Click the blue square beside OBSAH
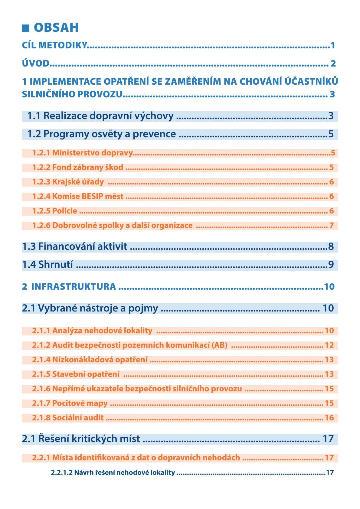click(25, 28)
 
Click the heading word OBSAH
click(56, 28)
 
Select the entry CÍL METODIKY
click(54, 45)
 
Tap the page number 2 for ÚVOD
click(333, 64)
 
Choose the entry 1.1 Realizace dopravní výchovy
click(100, 116)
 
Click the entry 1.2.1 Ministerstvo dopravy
click(83, 153)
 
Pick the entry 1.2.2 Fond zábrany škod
click(78, 167)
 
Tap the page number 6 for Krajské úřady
click(332, 182)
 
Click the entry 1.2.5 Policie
click(55, 211)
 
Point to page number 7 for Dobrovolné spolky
click(332, 225)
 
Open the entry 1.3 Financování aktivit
click(74, 247)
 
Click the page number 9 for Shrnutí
click(331, 265)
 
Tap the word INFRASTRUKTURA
click(74, 286)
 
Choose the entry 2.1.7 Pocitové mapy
click(70, 403)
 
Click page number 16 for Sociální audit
click(329, 418)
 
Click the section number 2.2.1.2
click(62, 472)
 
